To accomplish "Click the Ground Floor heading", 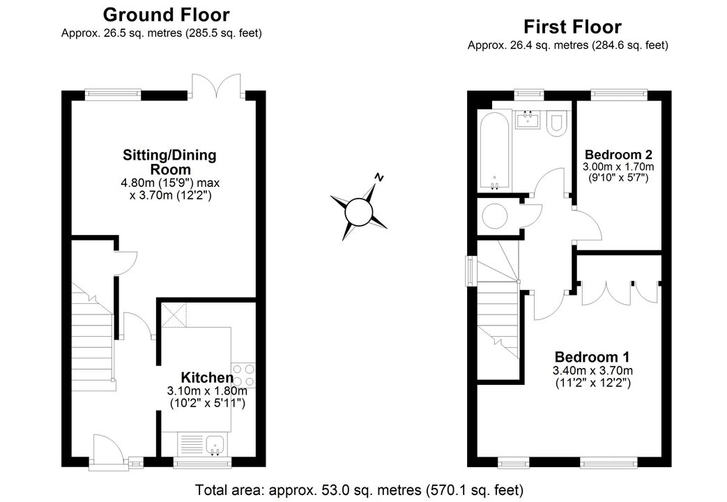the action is [166, 15].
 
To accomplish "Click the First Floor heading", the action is [572, 27].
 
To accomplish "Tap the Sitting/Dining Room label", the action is [169, 162].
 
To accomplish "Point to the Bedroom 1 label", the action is [592, 357].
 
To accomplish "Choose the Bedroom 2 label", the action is [618, 154].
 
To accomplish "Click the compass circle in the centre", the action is [358, 213].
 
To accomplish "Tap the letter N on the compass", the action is [380, 177].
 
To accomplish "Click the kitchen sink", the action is [215, 445].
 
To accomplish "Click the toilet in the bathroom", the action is [555, 123].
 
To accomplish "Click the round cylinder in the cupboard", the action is [496, 215].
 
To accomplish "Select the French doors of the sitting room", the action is [217, 86].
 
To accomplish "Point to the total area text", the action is [360, 490].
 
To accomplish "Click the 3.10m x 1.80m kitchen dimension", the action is [207, 391].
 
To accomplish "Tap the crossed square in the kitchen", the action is [174, 315].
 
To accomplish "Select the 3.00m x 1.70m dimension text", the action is [618, 167].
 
